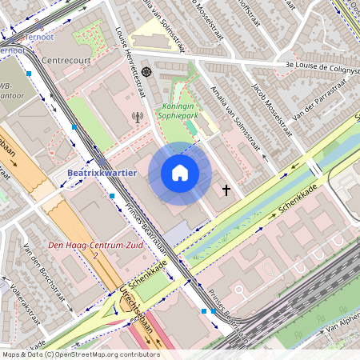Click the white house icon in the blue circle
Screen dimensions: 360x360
pos(180,173)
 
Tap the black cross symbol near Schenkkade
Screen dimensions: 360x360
pos(226,190)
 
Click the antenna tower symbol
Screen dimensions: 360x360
pos(136,117)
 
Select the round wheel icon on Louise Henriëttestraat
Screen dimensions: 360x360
pos(146,71)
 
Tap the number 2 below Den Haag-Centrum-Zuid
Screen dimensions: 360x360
pos(95,254)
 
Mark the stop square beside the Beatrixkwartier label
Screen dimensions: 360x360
pos(111,195)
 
